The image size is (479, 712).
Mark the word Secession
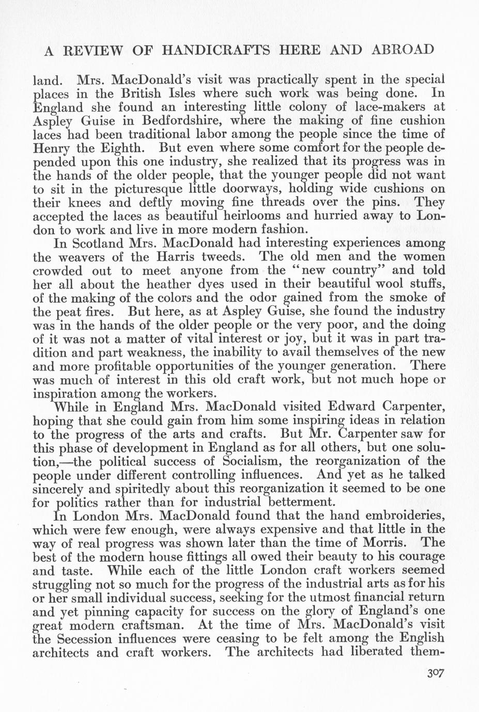point(92,639)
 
